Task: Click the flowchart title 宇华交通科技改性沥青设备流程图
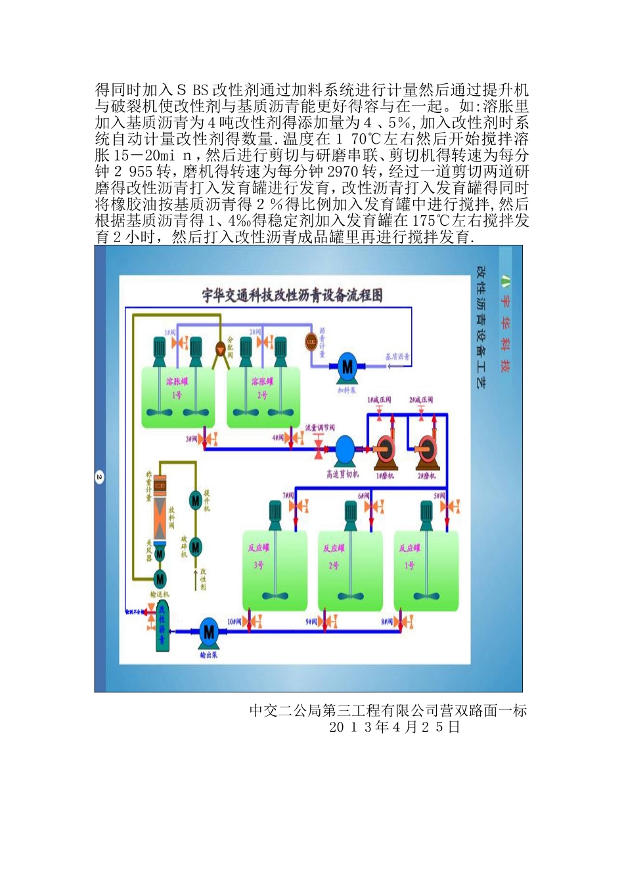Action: tap(292, 295)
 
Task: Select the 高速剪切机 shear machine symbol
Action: tap(344, 450)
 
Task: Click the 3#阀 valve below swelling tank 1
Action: tap(209, 438)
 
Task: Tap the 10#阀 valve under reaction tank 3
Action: tap(252, 621)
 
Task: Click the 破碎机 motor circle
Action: tap(195, 547)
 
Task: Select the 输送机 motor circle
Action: tap(160, 579)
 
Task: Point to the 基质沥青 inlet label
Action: tap(397, 357)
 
